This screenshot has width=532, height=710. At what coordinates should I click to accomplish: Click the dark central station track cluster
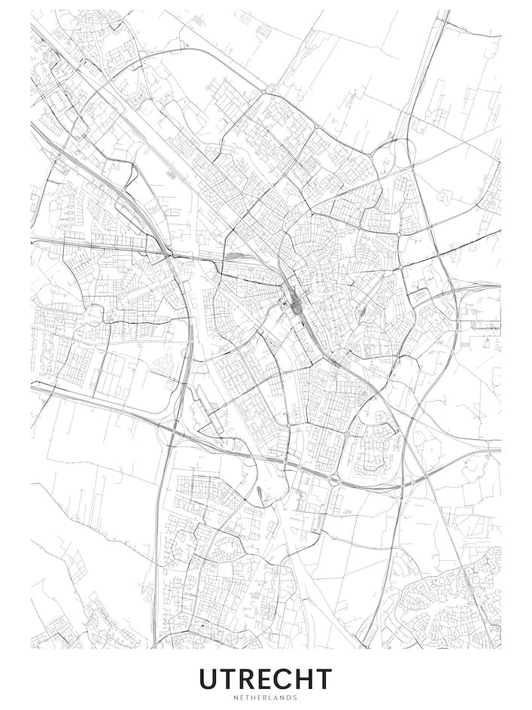[x=293, y=306]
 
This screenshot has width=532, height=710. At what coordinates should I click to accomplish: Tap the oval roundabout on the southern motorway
[x=332, y=479]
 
